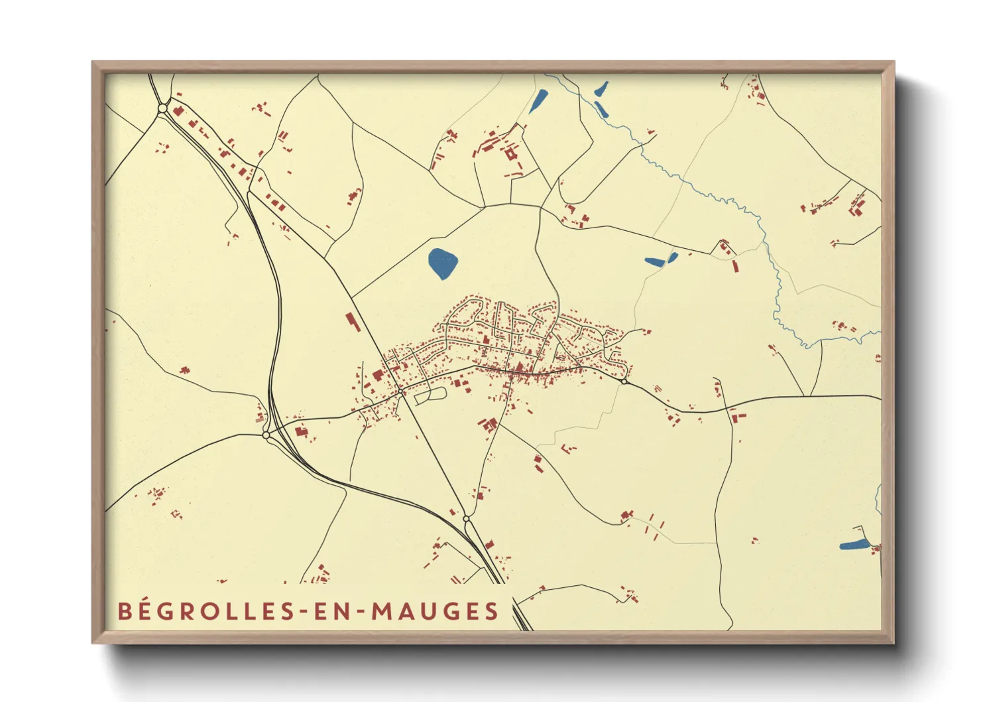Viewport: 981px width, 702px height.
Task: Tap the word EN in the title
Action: point(331,611)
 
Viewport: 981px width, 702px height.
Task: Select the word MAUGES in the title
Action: point(435,611)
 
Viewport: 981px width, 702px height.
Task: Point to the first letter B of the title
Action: point(124,611)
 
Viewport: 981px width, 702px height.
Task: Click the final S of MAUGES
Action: point(491,611)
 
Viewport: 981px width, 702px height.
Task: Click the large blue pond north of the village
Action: point(442,263)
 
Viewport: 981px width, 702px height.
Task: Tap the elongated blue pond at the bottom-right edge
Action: point(854,545)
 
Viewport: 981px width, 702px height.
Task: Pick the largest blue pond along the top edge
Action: point(539,101)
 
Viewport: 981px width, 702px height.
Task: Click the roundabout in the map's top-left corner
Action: point(162,107)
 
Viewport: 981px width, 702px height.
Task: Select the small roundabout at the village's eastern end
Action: point(624,382)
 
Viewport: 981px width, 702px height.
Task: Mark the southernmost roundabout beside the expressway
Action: point(466,518)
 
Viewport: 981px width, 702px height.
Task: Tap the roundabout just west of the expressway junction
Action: point(266,436)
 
